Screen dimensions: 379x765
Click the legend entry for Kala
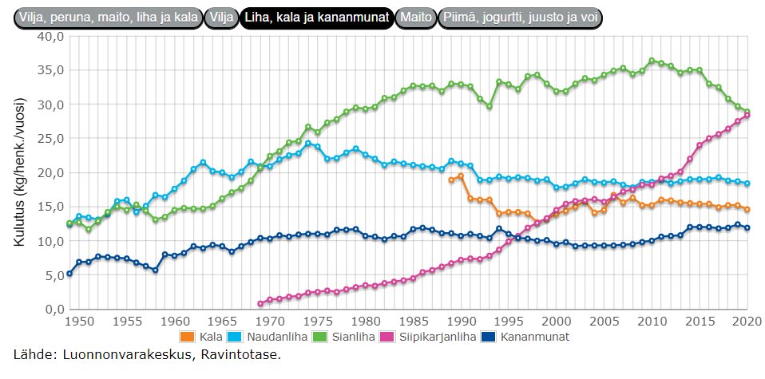coord(206,337)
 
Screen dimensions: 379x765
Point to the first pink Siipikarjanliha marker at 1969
coord(260,304)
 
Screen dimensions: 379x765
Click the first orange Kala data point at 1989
coord(452,180)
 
